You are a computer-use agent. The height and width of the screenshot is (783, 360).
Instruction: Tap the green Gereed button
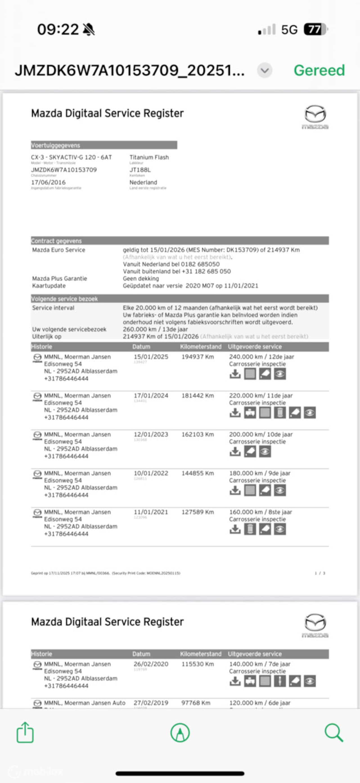click(319, 70)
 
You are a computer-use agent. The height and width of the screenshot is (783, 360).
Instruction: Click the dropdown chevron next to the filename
click(265, 71)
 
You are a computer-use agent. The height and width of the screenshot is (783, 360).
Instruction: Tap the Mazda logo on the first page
click(315, 117)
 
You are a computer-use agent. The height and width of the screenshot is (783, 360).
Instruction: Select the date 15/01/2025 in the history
click(151, 357)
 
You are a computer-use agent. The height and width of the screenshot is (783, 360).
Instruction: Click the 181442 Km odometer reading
click(198, 396)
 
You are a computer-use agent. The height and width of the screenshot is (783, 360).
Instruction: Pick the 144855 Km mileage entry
click(198, 473)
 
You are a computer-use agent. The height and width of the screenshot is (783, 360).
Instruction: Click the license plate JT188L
click(140, 170)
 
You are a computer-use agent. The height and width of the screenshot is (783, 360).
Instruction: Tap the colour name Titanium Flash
click(149, 157)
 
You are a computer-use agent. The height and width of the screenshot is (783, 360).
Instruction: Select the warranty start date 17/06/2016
click(48, 182)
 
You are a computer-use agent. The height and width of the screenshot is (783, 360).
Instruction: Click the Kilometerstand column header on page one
click(201, 347)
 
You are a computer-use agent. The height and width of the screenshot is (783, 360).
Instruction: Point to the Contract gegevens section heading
click(56, 241)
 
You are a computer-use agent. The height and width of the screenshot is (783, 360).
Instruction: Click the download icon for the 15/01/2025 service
click(235, 374)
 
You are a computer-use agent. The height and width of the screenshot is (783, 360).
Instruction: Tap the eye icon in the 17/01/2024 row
click(310, 413)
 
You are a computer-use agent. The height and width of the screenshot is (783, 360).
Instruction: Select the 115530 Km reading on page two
click(198, 664)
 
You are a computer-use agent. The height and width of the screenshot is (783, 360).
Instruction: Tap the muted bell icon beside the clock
click(89, 30)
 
